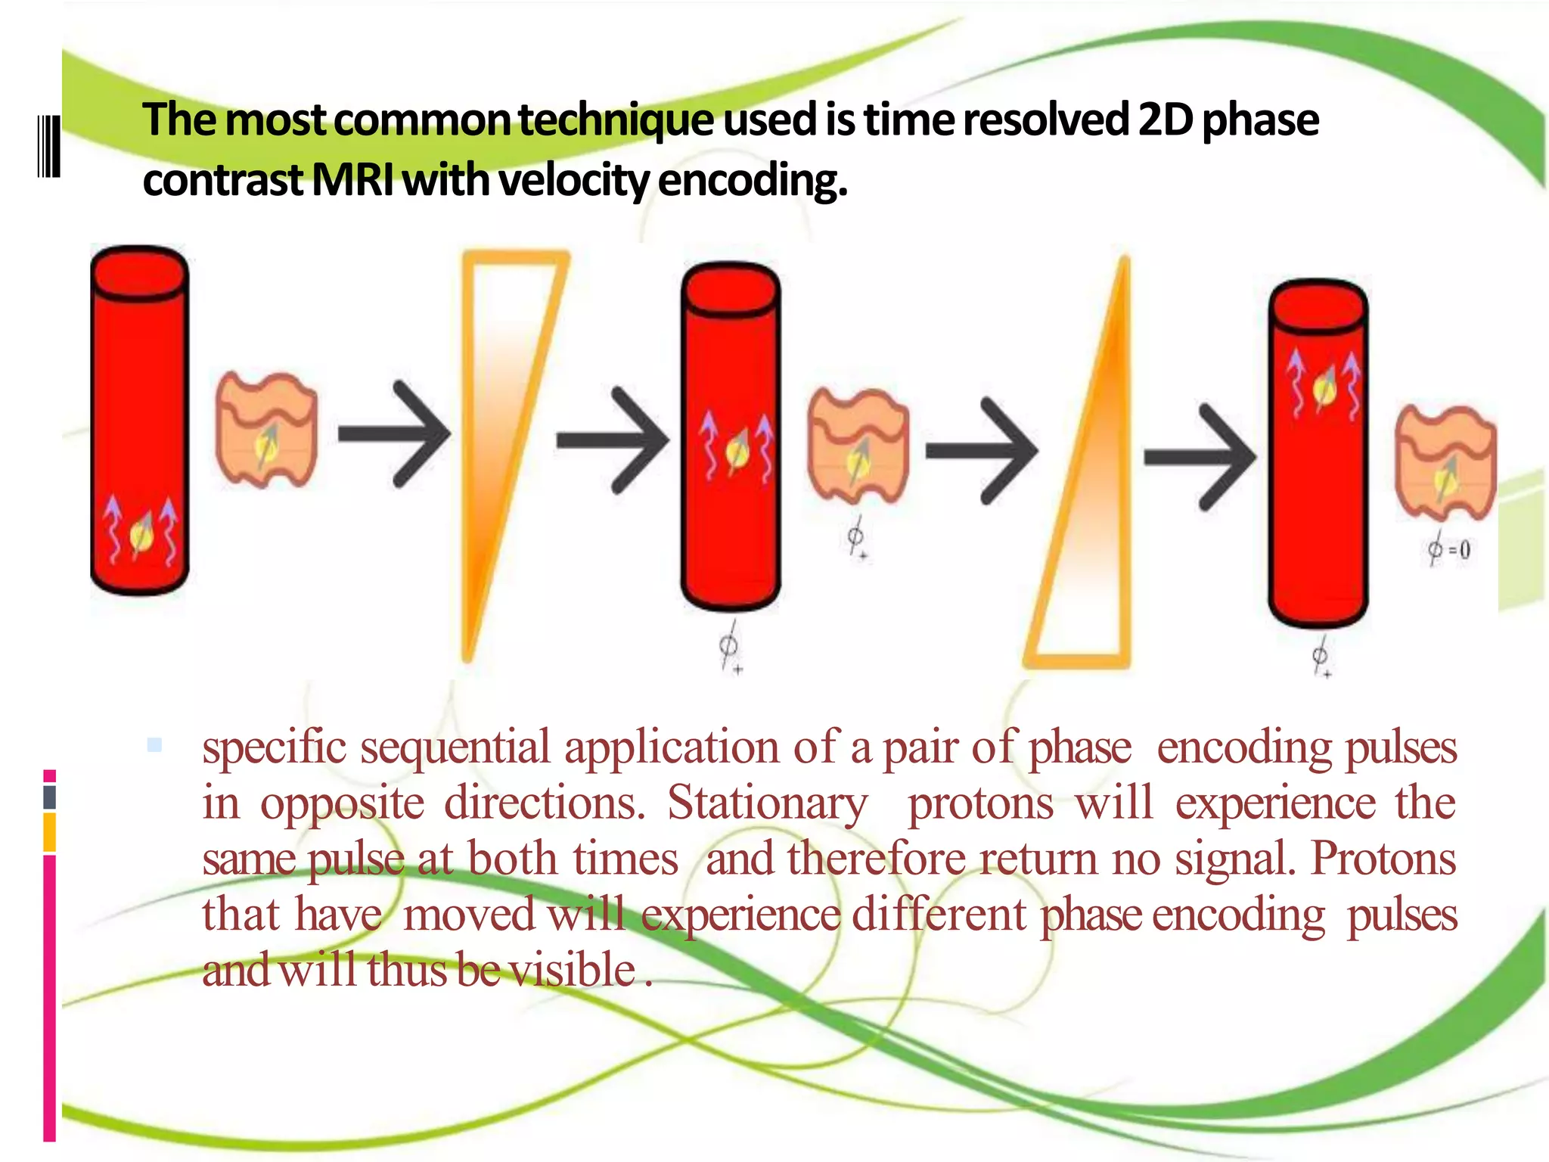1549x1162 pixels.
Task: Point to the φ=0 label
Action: [1448, 548]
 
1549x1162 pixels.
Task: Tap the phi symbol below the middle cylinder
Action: [728, 647]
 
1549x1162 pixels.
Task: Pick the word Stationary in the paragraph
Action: [767, 803]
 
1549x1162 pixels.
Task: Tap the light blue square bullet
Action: [155, 745]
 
